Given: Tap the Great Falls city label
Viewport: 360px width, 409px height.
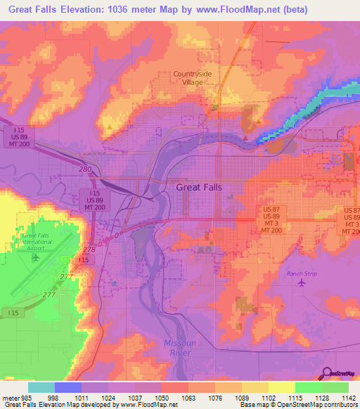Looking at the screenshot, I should point(192,188).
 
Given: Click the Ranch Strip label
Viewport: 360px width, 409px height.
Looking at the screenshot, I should point(303,273).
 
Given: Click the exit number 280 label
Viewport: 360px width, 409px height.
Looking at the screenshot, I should point(85,170).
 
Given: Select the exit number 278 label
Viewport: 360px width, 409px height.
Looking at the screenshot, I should point(89,249).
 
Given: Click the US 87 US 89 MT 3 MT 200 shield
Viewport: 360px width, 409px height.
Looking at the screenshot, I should point(271,219).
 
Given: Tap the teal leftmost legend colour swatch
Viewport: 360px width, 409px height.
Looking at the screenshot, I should point(41,387).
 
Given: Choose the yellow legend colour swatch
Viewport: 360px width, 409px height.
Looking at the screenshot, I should point(281,387).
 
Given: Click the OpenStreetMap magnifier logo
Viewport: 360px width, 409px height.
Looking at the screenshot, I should point(328,375).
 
